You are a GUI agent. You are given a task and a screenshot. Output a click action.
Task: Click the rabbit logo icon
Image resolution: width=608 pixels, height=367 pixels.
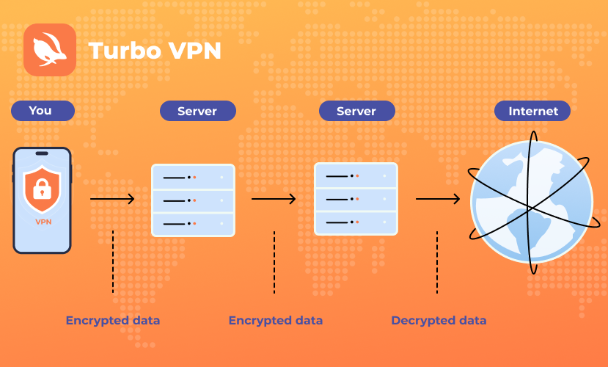click(x=50, y=50)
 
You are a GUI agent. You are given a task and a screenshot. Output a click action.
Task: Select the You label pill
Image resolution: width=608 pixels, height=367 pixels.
click(x=43, y=111)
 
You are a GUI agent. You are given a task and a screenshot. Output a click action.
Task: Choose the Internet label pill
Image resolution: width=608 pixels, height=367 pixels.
click(x=532, y=111)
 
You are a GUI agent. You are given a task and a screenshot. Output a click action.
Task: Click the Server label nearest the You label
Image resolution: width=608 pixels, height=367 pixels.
click(x=198, y=111)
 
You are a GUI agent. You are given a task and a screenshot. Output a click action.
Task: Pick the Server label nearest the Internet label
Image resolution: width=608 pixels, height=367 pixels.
click(x=357, y=111)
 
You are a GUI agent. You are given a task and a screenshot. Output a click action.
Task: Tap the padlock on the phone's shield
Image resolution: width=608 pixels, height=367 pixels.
click(x=43, y=189)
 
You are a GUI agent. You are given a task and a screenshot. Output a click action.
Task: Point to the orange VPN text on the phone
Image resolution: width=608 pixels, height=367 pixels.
click(x=43, y=222)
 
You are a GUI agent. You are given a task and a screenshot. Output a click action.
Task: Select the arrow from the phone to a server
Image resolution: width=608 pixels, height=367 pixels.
click(x=112, y=199)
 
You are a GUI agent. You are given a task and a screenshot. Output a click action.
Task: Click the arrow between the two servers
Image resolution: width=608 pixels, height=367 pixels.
click(x=274, y=199)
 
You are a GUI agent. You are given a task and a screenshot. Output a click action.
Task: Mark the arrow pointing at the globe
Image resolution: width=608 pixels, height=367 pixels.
click(x=438, y=199)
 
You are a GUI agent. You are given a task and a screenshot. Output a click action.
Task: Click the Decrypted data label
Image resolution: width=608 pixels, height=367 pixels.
click(x=439, y=321)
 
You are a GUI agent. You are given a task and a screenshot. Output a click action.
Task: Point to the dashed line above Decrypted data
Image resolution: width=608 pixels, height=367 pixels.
click(x=437, y=262)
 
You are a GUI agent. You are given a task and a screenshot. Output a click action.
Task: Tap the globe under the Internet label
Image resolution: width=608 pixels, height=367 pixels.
click(x=532, y=202)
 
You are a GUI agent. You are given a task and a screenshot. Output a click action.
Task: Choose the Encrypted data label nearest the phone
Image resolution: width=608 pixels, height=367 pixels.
click(x=113, y=321)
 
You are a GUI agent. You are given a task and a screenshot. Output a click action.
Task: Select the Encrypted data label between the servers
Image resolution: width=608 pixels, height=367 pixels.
click(x=276, y=321)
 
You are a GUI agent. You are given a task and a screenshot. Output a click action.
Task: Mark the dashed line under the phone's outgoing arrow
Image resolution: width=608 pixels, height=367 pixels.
click(x=113, y=262)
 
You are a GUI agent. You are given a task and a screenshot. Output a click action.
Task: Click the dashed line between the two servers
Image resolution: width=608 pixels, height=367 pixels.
click(x=274, y=262)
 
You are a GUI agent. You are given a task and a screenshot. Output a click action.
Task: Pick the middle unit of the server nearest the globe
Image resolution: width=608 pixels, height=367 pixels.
click(x=356, y=200)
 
